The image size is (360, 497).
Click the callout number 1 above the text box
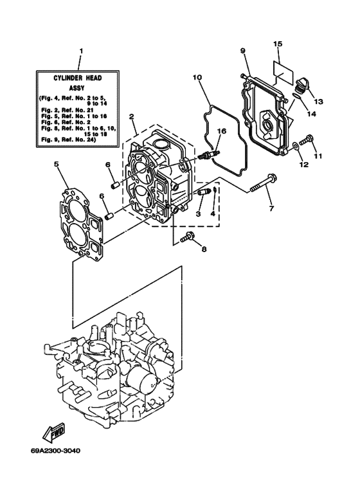(x=80, y=50)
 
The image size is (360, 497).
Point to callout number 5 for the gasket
(x=57, y=164)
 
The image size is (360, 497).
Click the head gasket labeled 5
(x=83, y=219)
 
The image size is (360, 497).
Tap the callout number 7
(x=271, y=208)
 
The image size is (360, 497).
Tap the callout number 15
(x=278, y=44)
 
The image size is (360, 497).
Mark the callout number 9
(x=244, y=50)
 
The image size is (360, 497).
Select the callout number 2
(x=131, y=118)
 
